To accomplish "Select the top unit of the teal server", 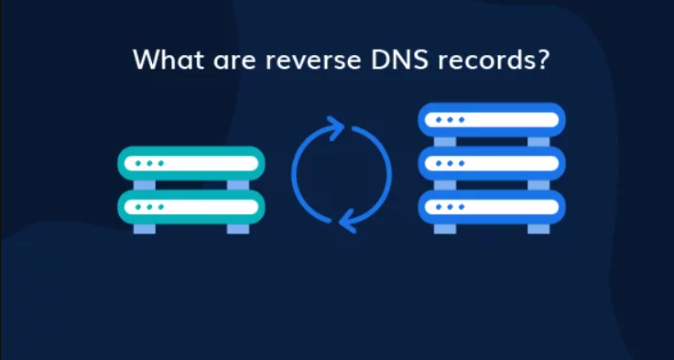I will coord(191,164).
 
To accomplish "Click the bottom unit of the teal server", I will coord(191,207).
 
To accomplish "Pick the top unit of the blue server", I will coord(492,120).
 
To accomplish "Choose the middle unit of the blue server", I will coord(492,163).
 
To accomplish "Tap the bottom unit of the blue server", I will coord(492,207).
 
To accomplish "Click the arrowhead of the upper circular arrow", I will coord(335,129).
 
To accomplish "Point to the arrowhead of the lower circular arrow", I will coord(347,218).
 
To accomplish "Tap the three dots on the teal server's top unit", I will coord(150,164).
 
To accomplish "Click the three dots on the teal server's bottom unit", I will coord(150,207).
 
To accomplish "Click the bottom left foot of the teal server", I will coord(144,227).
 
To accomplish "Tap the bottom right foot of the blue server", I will coord(539,227).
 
